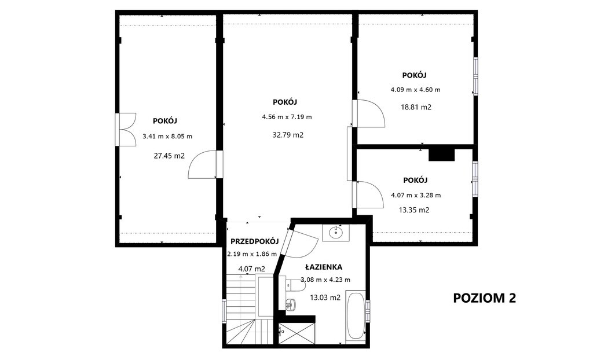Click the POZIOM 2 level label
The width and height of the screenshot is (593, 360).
coord(485,298)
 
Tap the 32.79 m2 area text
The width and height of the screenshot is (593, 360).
coord(288,135)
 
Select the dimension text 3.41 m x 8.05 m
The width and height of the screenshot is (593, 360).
coord(167,136)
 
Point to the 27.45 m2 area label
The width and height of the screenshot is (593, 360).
coord(169,156)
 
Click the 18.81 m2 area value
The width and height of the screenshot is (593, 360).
coord(416,107)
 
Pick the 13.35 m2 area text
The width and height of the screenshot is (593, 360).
coord(414,210)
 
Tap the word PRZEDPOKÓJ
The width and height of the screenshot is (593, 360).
coord(255,241)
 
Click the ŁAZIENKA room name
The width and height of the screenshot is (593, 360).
coord(324,267)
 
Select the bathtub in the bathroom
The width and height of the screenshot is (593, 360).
coord(356,315)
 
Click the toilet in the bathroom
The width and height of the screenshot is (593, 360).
coord(295,285)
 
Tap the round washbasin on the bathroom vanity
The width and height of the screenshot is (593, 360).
coord(335,233)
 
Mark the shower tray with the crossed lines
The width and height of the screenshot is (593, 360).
coord(297,333)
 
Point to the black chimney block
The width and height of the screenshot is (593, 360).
coord(441,155)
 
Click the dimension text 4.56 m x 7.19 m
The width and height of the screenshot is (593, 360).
coord(287,117)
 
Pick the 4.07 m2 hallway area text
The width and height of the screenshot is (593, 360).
coord(252,269)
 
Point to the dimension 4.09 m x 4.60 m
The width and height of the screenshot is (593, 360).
coord(416,90)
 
